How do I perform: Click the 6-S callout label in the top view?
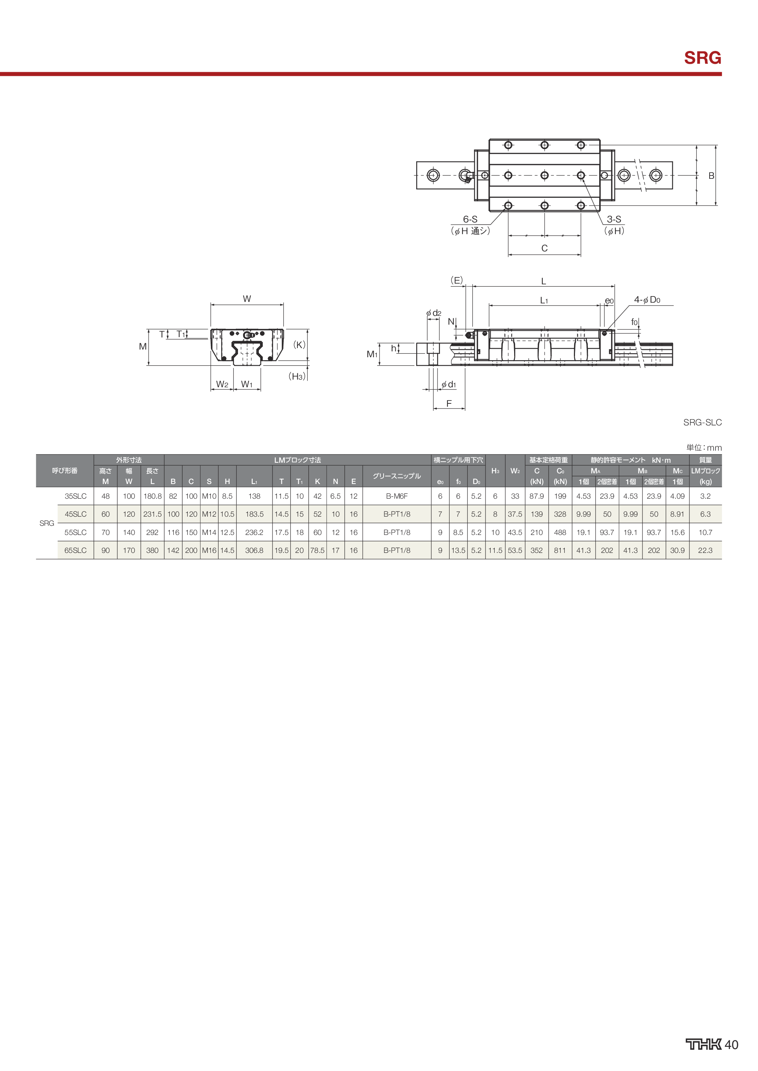470,219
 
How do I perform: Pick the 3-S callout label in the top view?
614,219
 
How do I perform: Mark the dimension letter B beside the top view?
711,176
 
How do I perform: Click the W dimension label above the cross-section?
247,299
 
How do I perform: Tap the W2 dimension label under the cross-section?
222,384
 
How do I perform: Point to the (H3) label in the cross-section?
297,376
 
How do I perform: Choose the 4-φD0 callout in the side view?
647,300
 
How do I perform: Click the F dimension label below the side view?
449,403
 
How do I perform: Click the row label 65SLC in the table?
76,550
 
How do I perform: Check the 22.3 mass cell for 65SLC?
705,550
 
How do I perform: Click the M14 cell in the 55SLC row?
209,532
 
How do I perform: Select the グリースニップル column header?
397,476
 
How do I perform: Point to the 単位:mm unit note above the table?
703,447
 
